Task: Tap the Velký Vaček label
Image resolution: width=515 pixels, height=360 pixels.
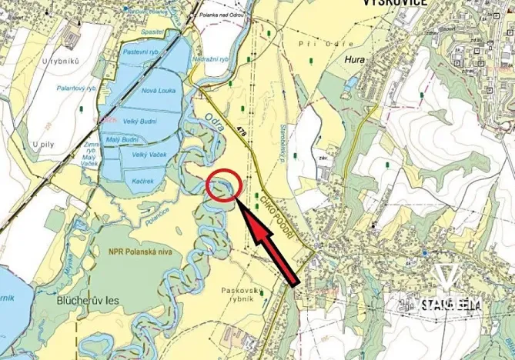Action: tap(150, 155)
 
